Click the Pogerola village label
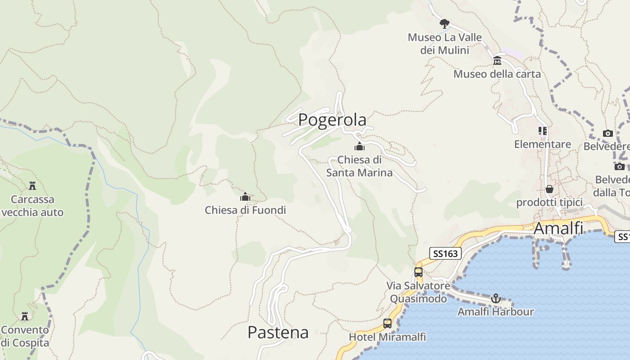(332, 120)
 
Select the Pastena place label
(278, 333)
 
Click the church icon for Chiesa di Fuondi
(245, 197)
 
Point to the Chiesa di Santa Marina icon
(360, 146)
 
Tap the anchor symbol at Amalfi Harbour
(495, 298)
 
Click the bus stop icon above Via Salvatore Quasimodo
(418, 272)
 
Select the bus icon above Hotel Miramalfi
(387, 324)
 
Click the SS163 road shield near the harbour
(445, 253)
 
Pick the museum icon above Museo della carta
(497, 61)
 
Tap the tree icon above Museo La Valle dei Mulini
(444, 24)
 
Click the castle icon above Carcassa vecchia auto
(32, 185)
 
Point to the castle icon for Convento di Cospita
(25, 316)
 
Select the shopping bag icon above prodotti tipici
(549, 189)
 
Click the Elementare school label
(543, 144)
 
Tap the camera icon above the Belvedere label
(608, 133)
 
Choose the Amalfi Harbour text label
(495, 311)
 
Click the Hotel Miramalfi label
(387, 337)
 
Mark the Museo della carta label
(497, 74)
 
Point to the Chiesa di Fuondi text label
(245, 210)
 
